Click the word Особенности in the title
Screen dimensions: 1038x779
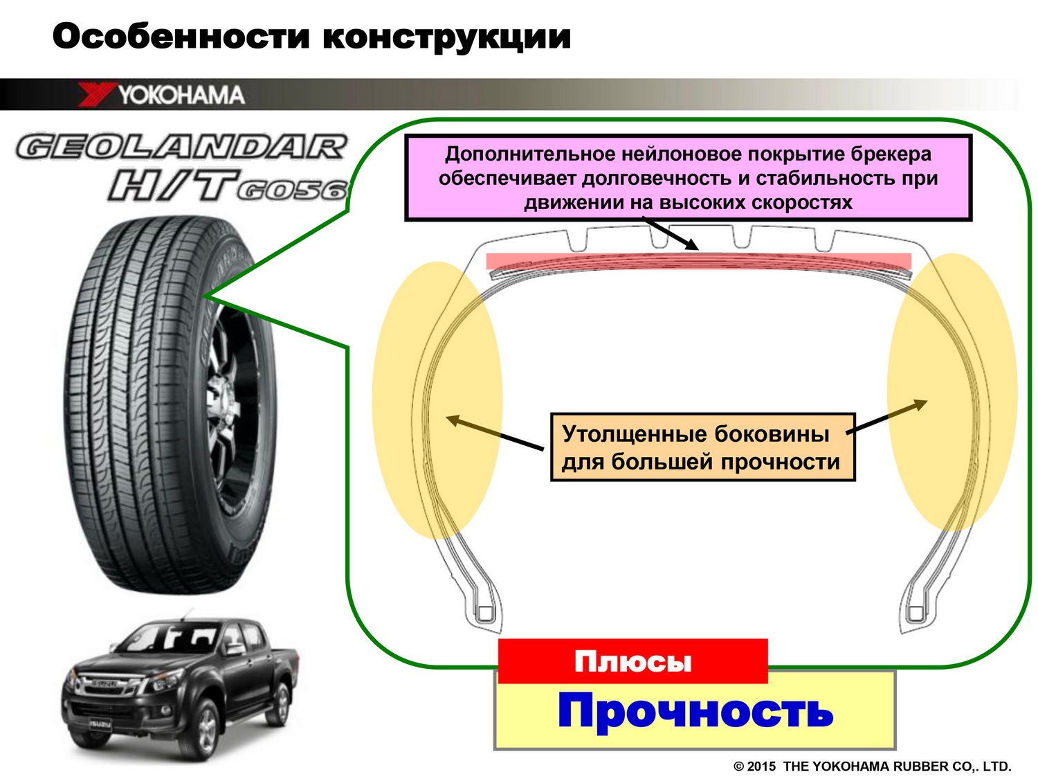[181, 36]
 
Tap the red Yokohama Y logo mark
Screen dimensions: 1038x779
[97, 94]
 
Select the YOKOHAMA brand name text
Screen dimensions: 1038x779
[181, 95]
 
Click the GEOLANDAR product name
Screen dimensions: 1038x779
[181, 147]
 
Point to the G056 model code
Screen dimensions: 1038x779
[292, 190]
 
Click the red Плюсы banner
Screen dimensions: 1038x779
[632, 661]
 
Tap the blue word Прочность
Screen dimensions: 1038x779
[695, 711]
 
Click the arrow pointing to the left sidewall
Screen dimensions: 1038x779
[495, 433]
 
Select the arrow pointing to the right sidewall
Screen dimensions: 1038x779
[886, 417]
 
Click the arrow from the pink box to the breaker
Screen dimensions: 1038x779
[670, 233]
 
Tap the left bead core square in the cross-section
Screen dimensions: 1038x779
[484, 614]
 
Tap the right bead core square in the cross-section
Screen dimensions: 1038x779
[916, 614]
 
